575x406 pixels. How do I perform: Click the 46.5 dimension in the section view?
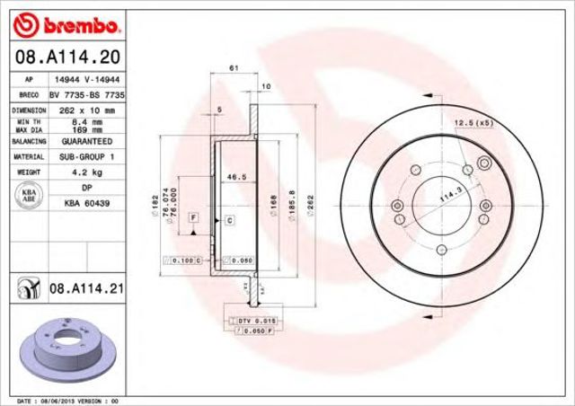236,178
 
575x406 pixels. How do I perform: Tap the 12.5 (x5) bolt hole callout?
475,122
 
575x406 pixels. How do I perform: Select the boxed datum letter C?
229,219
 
